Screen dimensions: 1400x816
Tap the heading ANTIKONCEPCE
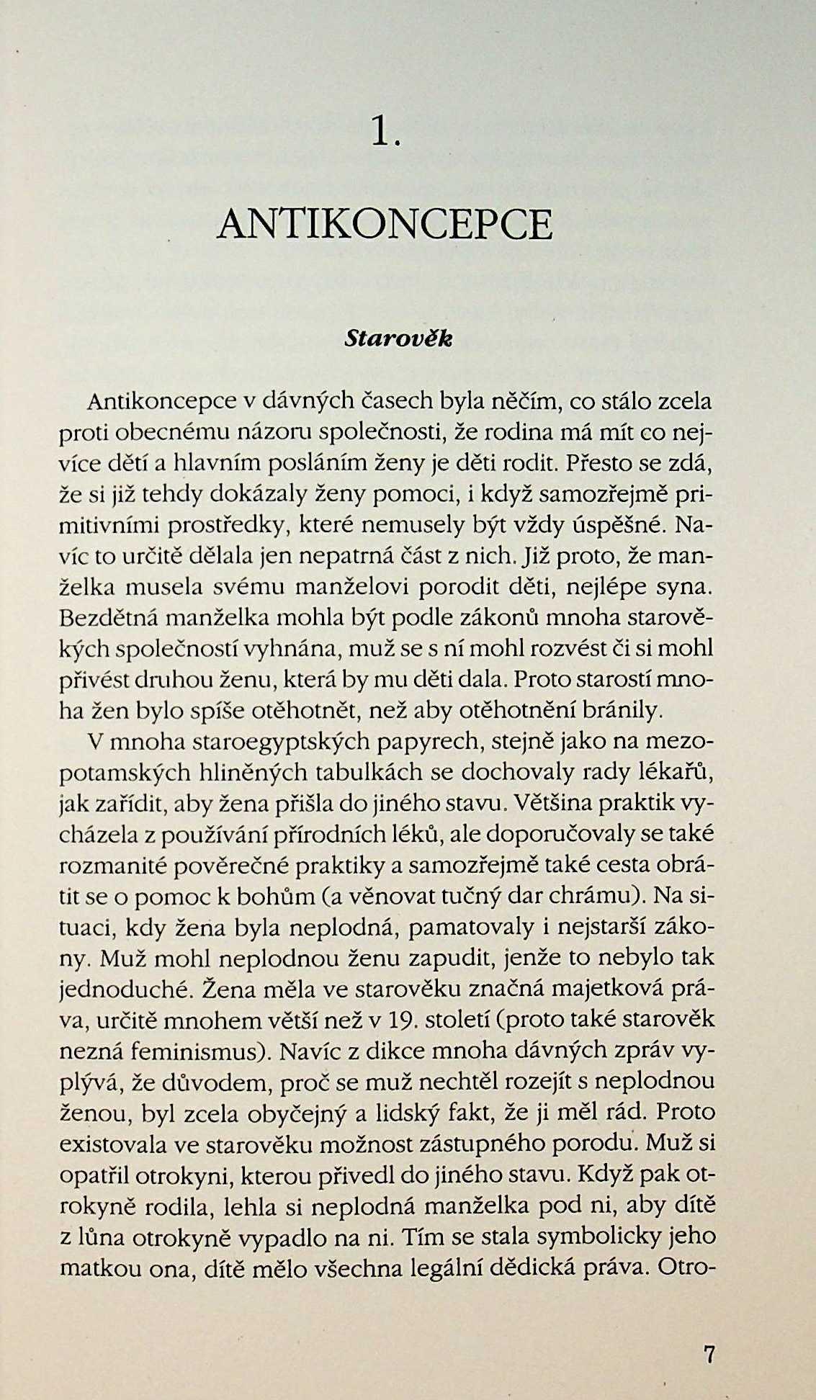(x=385, y=225)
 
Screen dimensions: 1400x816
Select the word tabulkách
(x=370, y=772)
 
